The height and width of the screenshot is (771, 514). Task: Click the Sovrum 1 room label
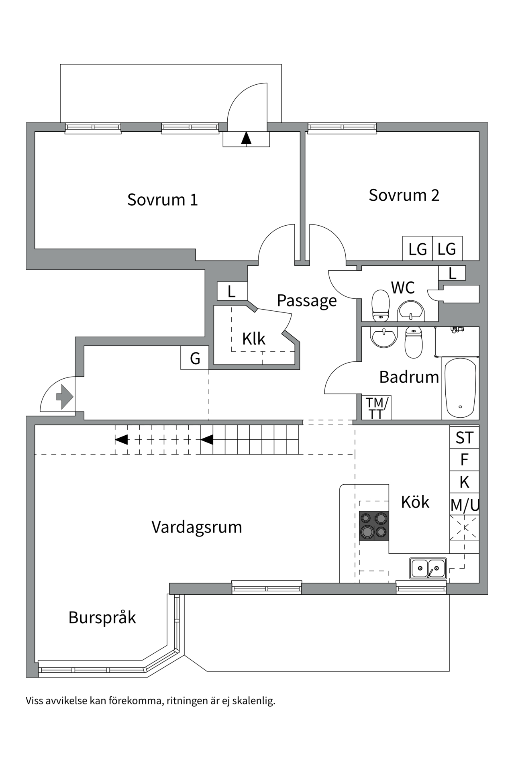(x=163, y=200)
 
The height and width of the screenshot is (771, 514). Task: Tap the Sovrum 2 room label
(x=404, y=195)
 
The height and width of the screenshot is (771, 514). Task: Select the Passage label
(x=307, y=300)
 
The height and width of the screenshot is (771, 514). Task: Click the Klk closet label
(x=254, y=339)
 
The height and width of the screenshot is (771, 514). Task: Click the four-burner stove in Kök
(x=374, y=526)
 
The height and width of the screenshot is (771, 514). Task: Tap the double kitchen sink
(x=428, y=568)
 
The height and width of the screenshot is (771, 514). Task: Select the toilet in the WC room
(x=381, y=306)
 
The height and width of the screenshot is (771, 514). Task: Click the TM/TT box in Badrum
(x=376, y=408)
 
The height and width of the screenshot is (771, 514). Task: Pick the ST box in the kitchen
(x=464, y=438)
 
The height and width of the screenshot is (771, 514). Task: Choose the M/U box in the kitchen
(x=465, y=505)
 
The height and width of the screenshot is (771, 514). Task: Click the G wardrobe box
(x=195, y=358)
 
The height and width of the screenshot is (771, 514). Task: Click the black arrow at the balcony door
(x=246, y=138)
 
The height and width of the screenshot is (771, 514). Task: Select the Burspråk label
(x=102, y=618)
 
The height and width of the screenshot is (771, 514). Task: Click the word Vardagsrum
(x=197, y=527)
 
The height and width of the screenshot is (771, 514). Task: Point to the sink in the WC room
(x=411, y=311)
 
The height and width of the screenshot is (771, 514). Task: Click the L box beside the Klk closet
(x=232, y=292)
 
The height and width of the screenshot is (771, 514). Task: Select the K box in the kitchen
(x=464, y=482)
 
